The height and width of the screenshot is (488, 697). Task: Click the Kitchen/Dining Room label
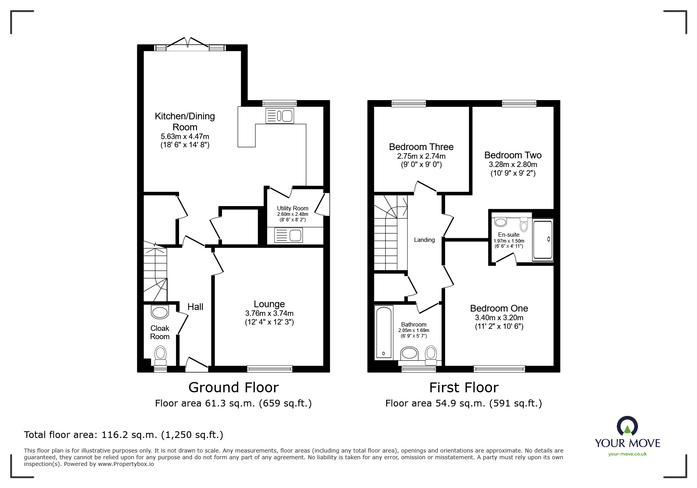click(185, 121)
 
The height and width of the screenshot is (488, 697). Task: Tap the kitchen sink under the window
click(280, 116)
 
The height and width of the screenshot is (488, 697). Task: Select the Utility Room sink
click(288, 236)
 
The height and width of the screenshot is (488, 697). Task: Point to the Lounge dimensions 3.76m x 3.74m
click(269, 314)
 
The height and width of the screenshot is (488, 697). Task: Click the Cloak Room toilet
click(160, 353)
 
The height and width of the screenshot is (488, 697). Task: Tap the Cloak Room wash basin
click(160, 312)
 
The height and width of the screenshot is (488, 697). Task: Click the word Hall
click(195, 307)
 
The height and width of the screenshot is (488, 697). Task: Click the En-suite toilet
click(523, 225)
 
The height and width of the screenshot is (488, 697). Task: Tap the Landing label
click(424, 240)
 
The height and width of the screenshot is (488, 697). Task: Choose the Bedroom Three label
click(421, 147)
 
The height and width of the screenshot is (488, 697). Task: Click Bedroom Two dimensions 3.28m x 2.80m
click(513, 165)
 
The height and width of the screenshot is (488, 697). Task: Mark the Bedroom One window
click(499, 369)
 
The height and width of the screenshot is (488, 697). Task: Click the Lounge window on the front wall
click(270, 369)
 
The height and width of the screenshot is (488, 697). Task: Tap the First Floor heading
click(464, 388)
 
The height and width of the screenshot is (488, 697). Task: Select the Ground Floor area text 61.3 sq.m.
click(233, 403)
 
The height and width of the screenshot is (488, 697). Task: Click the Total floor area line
click(124, 435)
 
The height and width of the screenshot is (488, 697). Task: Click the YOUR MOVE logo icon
click(627, 426)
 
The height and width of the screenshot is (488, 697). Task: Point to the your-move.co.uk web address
click(627, 454)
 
